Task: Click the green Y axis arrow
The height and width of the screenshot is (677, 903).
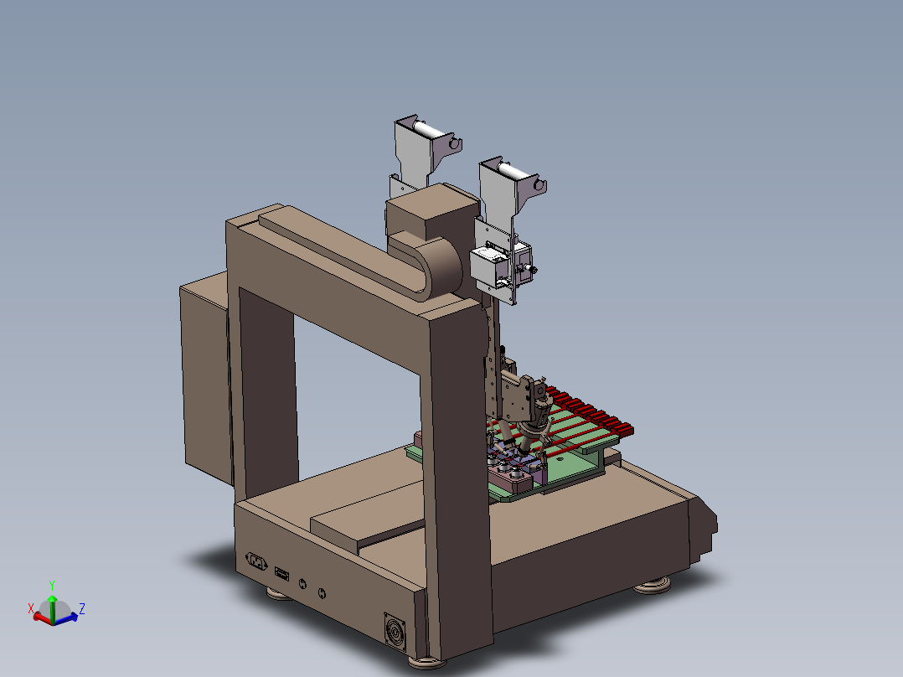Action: (x=53, y=607)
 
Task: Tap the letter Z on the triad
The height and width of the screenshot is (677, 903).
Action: (x=82, y=608)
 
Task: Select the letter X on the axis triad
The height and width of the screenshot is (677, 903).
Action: (x=31, y=608)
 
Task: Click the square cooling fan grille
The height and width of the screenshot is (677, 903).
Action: (x=395, y=633)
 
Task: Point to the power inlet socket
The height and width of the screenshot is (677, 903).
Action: (x=256, y=561)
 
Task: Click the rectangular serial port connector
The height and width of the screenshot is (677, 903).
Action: (x=281, y=573)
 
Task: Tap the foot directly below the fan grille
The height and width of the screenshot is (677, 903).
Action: (x=426, y=662)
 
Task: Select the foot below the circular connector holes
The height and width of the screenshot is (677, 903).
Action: (x=280, y=593)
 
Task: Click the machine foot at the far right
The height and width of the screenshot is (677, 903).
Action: (x=653, y=586)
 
